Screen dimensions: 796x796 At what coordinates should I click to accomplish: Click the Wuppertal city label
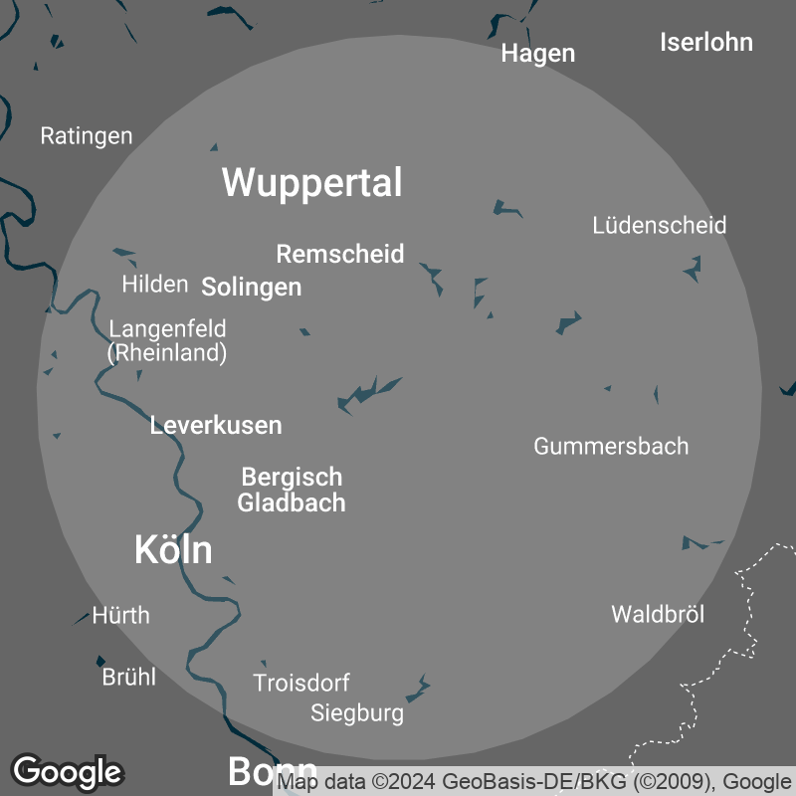(311, 183)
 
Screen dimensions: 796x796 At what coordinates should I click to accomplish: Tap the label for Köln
(173, 549)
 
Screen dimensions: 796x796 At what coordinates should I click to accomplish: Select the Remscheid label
(340, 254)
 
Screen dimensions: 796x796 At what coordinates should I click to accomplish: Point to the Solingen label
(251, 288)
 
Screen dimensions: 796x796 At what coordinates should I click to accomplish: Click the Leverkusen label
(216, 426)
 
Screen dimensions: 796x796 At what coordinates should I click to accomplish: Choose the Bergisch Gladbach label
(292, 490)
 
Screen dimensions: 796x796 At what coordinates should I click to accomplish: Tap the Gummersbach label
(611, 446)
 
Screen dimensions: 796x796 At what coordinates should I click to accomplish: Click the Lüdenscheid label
(659, 225)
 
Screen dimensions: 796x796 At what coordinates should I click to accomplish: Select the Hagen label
(538, 54)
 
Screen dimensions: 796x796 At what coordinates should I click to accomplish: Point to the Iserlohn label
(706, 43)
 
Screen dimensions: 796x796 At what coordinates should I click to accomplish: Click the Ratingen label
(87, 136)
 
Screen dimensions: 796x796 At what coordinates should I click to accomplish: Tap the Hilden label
(155, 285)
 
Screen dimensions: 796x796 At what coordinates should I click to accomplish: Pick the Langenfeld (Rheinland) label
(167, 340)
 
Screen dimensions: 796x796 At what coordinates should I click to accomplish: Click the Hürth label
(120, 615)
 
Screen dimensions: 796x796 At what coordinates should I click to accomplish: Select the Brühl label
(129, 678)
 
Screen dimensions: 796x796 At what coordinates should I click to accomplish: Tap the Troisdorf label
(301, 684)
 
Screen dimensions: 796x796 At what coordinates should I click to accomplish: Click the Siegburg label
(357, 713)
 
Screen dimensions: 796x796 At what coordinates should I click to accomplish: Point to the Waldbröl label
(658, 614)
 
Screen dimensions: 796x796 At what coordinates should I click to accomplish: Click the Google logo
(68, 771)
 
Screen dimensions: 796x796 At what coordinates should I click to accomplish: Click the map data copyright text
(535, 782)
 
